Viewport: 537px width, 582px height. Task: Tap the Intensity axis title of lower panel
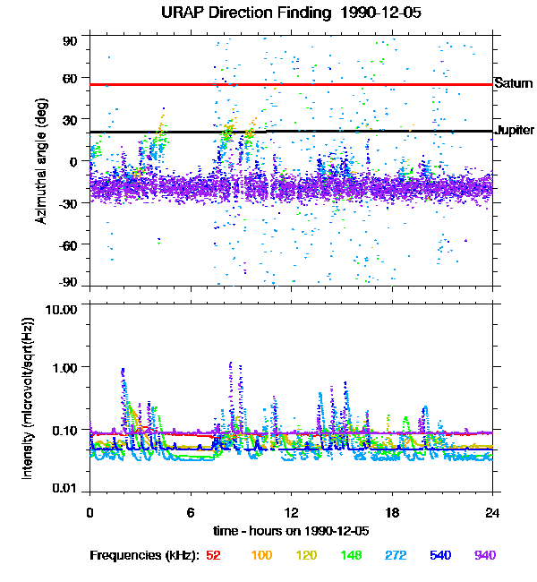28,398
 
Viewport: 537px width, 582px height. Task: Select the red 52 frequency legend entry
214,556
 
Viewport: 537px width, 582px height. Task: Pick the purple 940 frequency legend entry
486,556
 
